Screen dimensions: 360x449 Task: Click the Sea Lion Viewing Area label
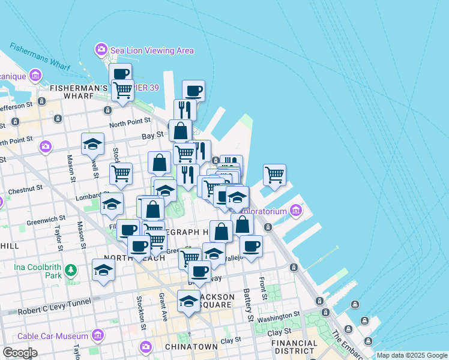pyautogui.click(x=152, y=50)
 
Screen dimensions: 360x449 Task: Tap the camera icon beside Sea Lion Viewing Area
pyautogui.click(x=101, y=49)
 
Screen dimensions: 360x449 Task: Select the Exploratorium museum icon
pyautogui.click(x=295, y=211)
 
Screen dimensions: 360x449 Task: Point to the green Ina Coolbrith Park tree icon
pyautogui.click(x=71, y=270)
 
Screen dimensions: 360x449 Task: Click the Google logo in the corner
pyautogui.click(x=19, y=353)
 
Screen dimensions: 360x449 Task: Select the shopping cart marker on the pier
pyautogui.click(x=274, y=175)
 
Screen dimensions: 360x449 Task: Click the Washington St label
pyautogui.click(x=278, y=316)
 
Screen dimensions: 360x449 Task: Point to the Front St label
pyautogui.click(x=263, y=288)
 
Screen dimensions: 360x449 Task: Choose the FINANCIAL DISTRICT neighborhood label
pyautogui.click(x=294, y=347)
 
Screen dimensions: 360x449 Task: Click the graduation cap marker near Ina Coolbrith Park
pyautogui.click(x=104, y=270)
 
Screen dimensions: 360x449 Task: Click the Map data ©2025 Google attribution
pyautogui.click(x=412, y=355)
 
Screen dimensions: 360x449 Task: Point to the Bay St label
pyautogui.click(x=153, y=136)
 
